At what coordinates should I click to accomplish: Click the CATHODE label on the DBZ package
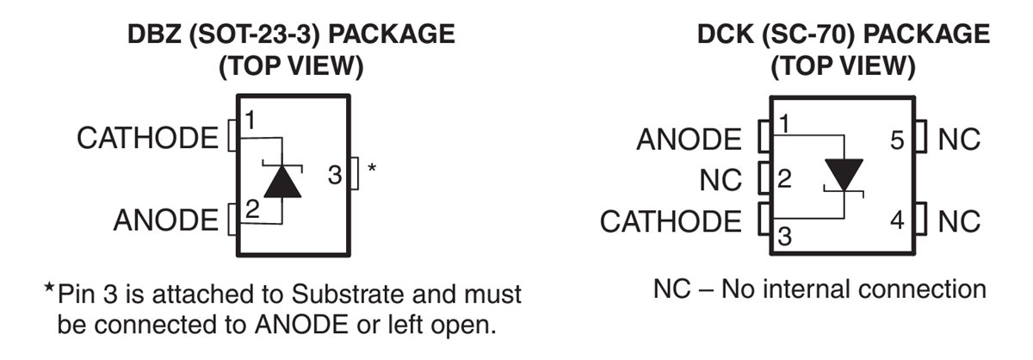(147, 138)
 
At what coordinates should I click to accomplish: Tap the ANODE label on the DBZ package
(166, 220)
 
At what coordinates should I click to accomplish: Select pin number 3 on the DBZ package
(336, 176)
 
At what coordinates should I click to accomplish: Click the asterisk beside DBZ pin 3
(372, 168)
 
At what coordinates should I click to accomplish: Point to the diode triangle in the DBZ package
(282, 182)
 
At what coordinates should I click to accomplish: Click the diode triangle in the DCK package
(843, 175)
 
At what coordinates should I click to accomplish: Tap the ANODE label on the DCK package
(689, 139)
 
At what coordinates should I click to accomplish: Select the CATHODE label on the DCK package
(670, 221)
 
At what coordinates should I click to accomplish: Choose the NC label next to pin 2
(721, 180)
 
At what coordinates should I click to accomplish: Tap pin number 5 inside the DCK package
(897, 140)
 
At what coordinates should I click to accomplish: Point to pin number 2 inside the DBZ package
(252, 208)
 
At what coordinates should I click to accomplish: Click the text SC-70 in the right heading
(806, 35)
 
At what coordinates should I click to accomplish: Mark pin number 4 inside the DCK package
(897, 221)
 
